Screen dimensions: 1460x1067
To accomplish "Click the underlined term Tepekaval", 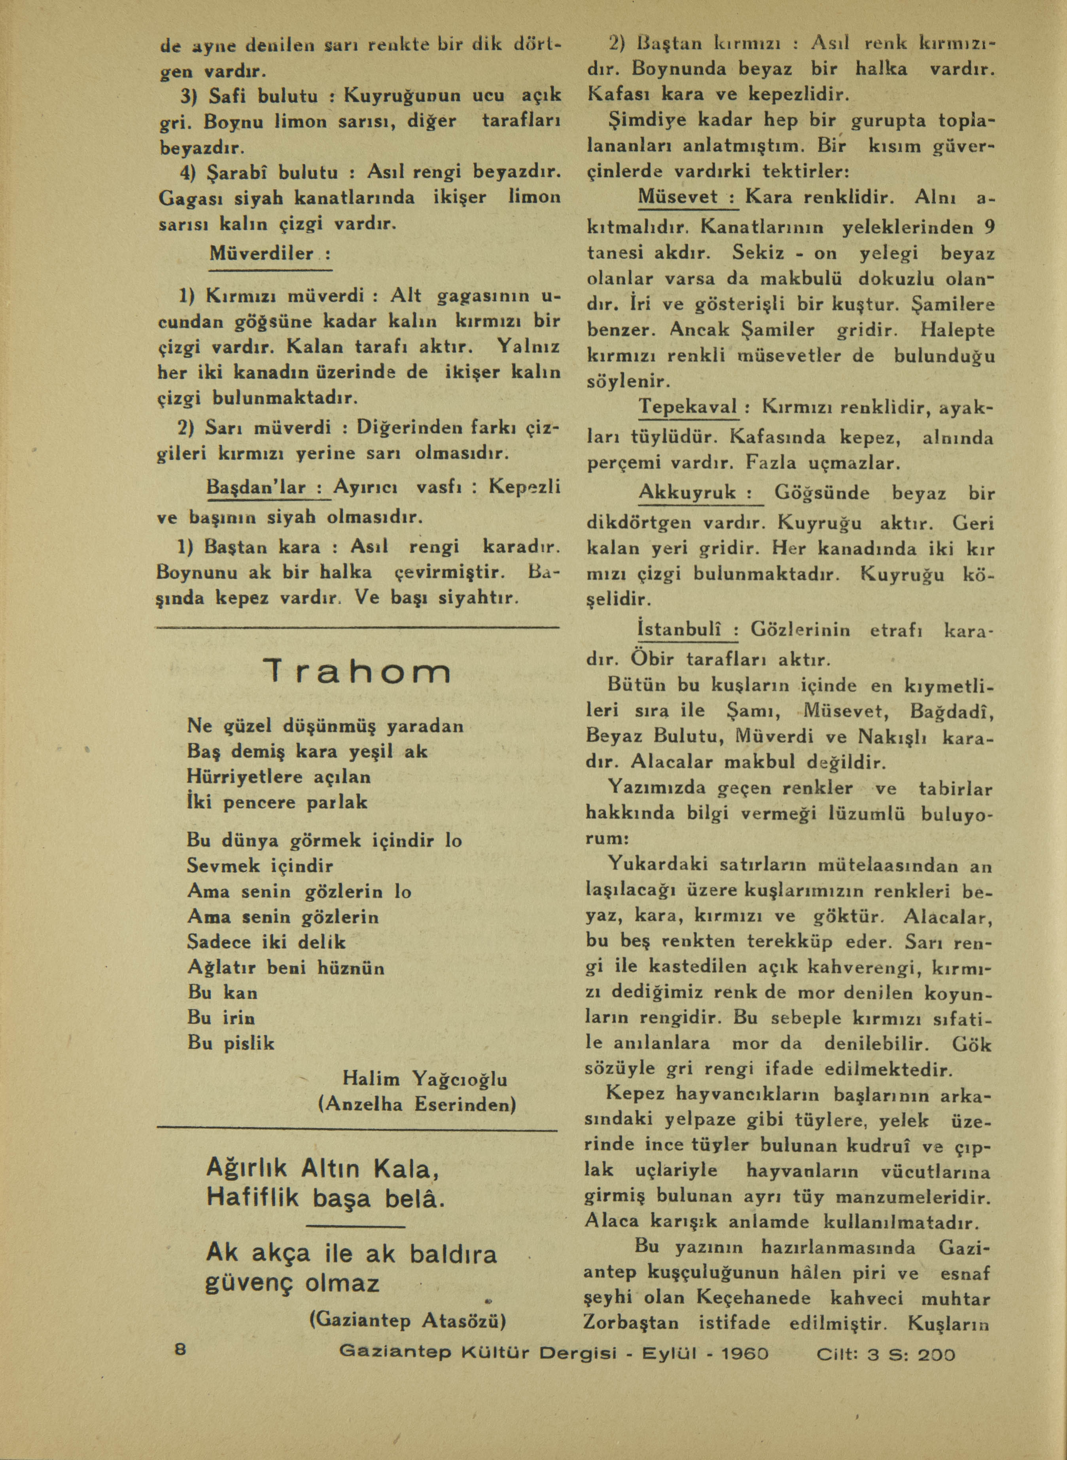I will point(688,408).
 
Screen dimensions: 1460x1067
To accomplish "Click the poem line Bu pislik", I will point(231,1043).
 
